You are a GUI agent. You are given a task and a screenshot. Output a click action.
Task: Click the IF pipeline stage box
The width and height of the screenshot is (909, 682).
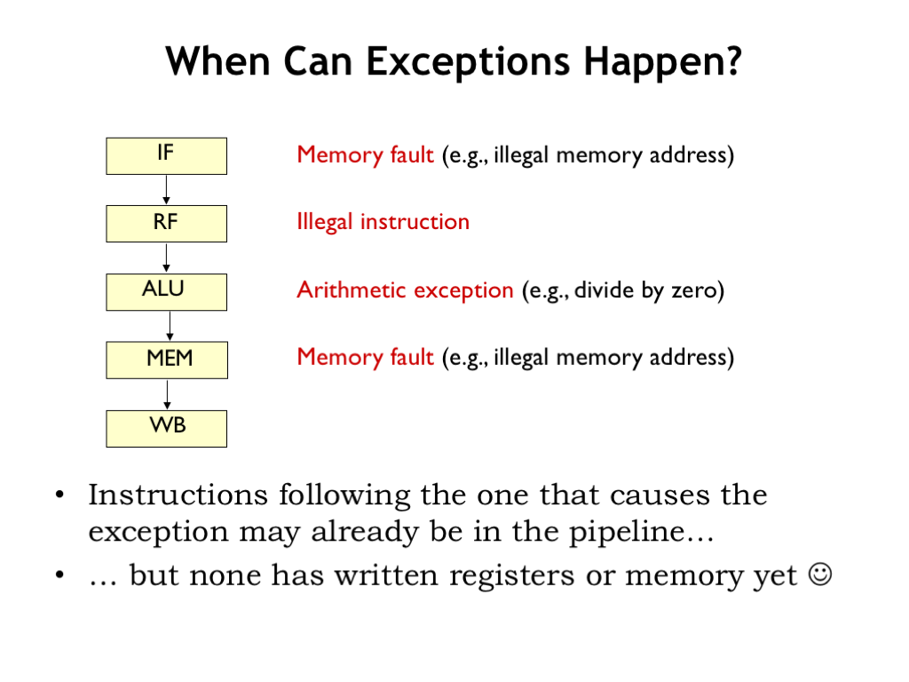[166, 156]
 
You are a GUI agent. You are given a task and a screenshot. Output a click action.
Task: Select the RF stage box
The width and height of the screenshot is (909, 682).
[166, 224]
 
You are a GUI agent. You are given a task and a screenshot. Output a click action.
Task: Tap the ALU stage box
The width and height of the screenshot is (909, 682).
[166, 292]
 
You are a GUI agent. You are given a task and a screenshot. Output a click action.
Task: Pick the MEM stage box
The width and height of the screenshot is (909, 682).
[167, 361]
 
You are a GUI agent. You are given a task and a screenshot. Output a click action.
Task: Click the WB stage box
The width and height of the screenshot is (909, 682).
[166, 429]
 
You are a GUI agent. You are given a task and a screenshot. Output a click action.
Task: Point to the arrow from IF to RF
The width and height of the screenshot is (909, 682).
[166, 190]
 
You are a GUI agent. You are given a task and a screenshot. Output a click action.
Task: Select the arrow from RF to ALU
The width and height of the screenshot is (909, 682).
[166, 258]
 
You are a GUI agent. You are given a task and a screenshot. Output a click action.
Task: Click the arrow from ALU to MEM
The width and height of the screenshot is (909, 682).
[170, 326]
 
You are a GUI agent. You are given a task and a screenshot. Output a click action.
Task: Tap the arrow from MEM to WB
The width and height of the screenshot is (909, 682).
[167, 394]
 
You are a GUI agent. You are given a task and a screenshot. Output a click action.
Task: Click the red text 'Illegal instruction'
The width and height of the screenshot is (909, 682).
[383, 222]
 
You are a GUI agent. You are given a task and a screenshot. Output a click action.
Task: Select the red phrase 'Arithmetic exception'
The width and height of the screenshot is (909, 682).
[405, 290]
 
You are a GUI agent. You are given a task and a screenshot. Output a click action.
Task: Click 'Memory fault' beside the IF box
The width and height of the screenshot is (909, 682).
[365, 155]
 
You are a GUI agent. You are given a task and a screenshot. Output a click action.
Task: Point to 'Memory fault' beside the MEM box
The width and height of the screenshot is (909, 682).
[365, 357]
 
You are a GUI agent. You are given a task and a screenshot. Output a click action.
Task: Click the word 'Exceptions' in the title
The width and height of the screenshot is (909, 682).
[468, 61]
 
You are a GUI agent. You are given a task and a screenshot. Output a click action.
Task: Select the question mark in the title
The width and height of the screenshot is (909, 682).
[733, 60]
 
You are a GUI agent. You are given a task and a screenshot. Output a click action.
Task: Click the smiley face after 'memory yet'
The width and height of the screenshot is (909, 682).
[820, 575]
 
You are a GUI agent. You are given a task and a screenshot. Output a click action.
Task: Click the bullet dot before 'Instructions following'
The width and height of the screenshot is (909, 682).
[59, 496]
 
